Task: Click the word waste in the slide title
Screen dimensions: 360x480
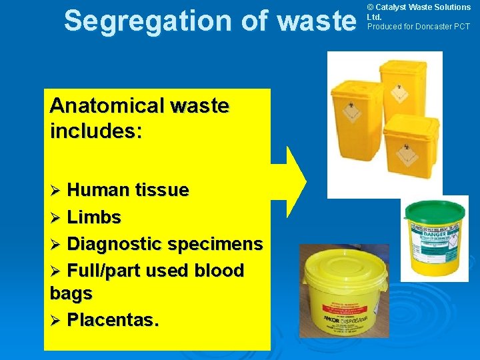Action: tap(315, 21)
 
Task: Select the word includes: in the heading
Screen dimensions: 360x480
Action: tap(96, 131)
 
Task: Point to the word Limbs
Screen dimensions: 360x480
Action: tap(94, 217)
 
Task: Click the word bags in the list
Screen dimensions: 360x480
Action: tap(71, 293)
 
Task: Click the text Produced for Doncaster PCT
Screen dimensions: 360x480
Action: tap(419, 27)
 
